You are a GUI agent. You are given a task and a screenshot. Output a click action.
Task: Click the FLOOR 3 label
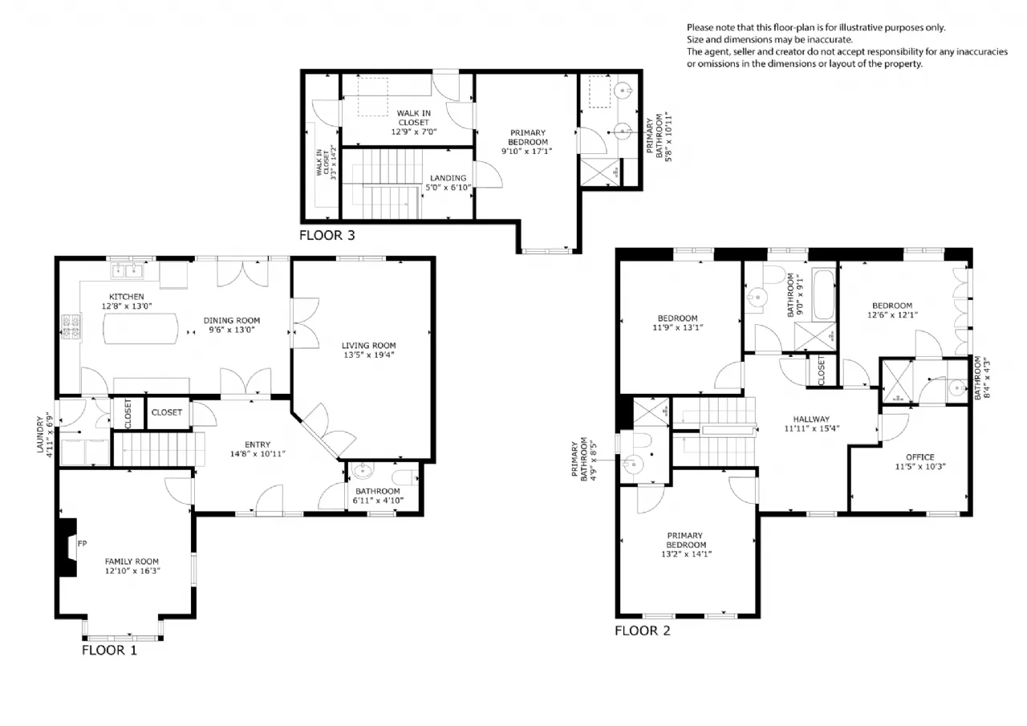327,236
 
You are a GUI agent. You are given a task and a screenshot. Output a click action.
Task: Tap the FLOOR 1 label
110,651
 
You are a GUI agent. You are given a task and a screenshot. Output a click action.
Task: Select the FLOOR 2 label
643,631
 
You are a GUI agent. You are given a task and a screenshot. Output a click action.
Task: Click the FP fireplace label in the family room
83,544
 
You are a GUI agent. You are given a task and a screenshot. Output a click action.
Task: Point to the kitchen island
140,329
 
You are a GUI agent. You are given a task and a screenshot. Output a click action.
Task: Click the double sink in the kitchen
127,271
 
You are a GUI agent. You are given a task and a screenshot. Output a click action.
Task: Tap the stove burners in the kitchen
71,326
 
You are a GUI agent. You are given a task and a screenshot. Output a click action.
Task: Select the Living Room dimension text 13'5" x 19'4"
368,355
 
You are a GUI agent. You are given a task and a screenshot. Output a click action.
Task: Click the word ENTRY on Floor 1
258,444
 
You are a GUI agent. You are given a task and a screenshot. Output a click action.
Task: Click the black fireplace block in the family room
67,547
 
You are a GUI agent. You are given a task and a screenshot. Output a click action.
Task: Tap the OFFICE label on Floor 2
919,457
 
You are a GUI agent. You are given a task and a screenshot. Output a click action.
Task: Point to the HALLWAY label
811,419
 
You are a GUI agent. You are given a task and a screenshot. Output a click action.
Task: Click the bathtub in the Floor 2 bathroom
824,294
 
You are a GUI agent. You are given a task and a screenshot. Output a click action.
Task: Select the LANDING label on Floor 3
448,178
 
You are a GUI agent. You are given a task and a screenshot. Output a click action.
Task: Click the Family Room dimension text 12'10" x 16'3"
132,570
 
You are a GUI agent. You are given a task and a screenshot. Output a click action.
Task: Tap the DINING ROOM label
232,320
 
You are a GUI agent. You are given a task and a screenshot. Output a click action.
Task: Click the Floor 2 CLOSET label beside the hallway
821,371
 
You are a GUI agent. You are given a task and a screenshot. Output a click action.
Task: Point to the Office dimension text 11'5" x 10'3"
920,467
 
